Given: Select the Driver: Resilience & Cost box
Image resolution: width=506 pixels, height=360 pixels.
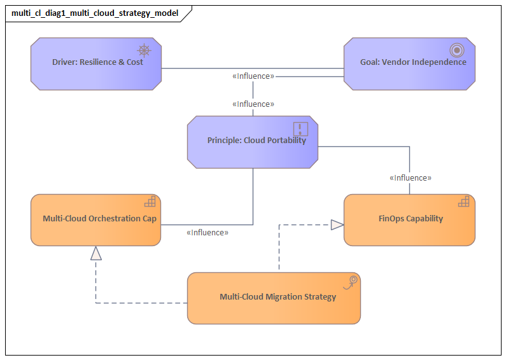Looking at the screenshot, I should [x=95, y=64].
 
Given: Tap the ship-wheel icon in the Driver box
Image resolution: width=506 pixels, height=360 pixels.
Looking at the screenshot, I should [x=144, y=50].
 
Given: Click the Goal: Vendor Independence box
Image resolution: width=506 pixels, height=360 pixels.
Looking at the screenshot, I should [x=409, y=64].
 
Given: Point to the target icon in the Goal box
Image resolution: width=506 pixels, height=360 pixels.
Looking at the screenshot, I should [x=456, y=50].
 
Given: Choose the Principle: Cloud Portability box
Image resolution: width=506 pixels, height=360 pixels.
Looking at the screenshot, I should [x=253, y=142].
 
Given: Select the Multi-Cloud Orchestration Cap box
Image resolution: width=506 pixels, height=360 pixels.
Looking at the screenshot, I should [x=95, y=220].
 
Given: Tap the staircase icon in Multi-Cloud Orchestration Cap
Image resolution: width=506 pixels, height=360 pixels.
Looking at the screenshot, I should [x=150, y=202].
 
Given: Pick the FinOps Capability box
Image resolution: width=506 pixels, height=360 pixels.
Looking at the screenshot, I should [x=409, y=220].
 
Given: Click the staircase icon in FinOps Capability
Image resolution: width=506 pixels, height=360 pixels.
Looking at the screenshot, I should [x=464, y=202].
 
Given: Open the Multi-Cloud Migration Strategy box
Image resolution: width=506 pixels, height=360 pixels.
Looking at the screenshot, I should [x=274, y=298].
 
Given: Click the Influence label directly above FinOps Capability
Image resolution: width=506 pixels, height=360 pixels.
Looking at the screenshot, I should [x=410, y=178].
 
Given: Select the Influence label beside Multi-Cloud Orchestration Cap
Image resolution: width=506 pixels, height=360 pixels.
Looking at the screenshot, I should [x=207, y=233].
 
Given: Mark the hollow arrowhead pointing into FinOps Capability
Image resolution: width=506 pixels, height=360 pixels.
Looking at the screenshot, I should [x=337, y=224].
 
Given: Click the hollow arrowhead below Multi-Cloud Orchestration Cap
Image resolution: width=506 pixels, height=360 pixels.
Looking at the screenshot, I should [x=95, y=253].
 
